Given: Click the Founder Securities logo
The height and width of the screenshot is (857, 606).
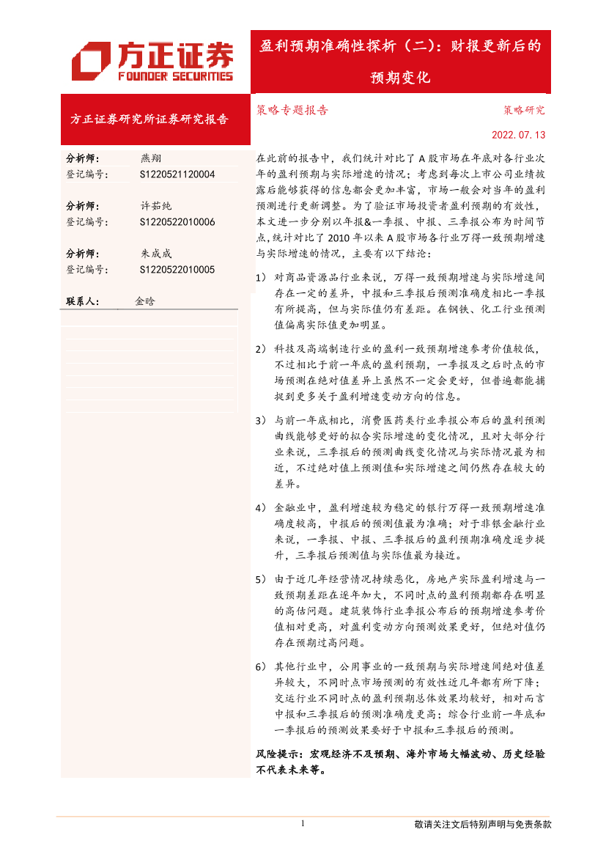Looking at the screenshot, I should tap(152, 62).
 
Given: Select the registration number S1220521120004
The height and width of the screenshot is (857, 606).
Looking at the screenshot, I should tap(177, 174).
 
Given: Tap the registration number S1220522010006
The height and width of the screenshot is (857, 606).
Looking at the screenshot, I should tap(177, 222).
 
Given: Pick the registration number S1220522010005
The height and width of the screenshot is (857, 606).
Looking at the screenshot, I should tap(177, 270).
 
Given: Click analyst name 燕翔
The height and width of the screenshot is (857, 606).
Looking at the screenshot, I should tap(151, 158).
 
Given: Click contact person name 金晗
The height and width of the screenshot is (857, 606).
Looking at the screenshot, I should tap(145, 301).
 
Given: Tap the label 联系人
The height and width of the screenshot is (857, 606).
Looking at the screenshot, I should tap(82, 301).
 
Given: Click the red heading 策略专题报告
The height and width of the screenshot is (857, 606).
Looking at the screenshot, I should tap(292, 111).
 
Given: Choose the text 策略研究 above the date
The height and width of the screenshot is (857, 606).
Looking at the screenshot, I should tap(524, 111).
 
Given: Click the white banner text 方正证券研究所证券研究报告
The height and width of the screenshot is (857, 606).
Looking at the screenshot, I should tap(149, 119).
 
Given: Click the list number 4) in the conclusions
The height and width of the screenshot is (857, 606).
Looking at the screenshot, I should tap(261, 508).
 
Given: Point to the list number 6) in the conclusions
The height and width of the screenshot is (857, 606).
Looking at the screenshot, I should tap(261, 667).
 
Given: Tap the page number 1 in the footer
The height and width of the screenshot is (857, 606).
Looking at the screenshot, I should tap(303, 824).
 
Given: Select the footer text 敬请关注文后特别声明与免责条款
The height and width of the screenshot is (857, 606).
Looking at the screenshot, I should tap(482, 825).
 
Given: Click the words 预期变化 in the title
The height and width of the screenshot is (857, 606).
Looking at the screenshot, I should tap(400, 78).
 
